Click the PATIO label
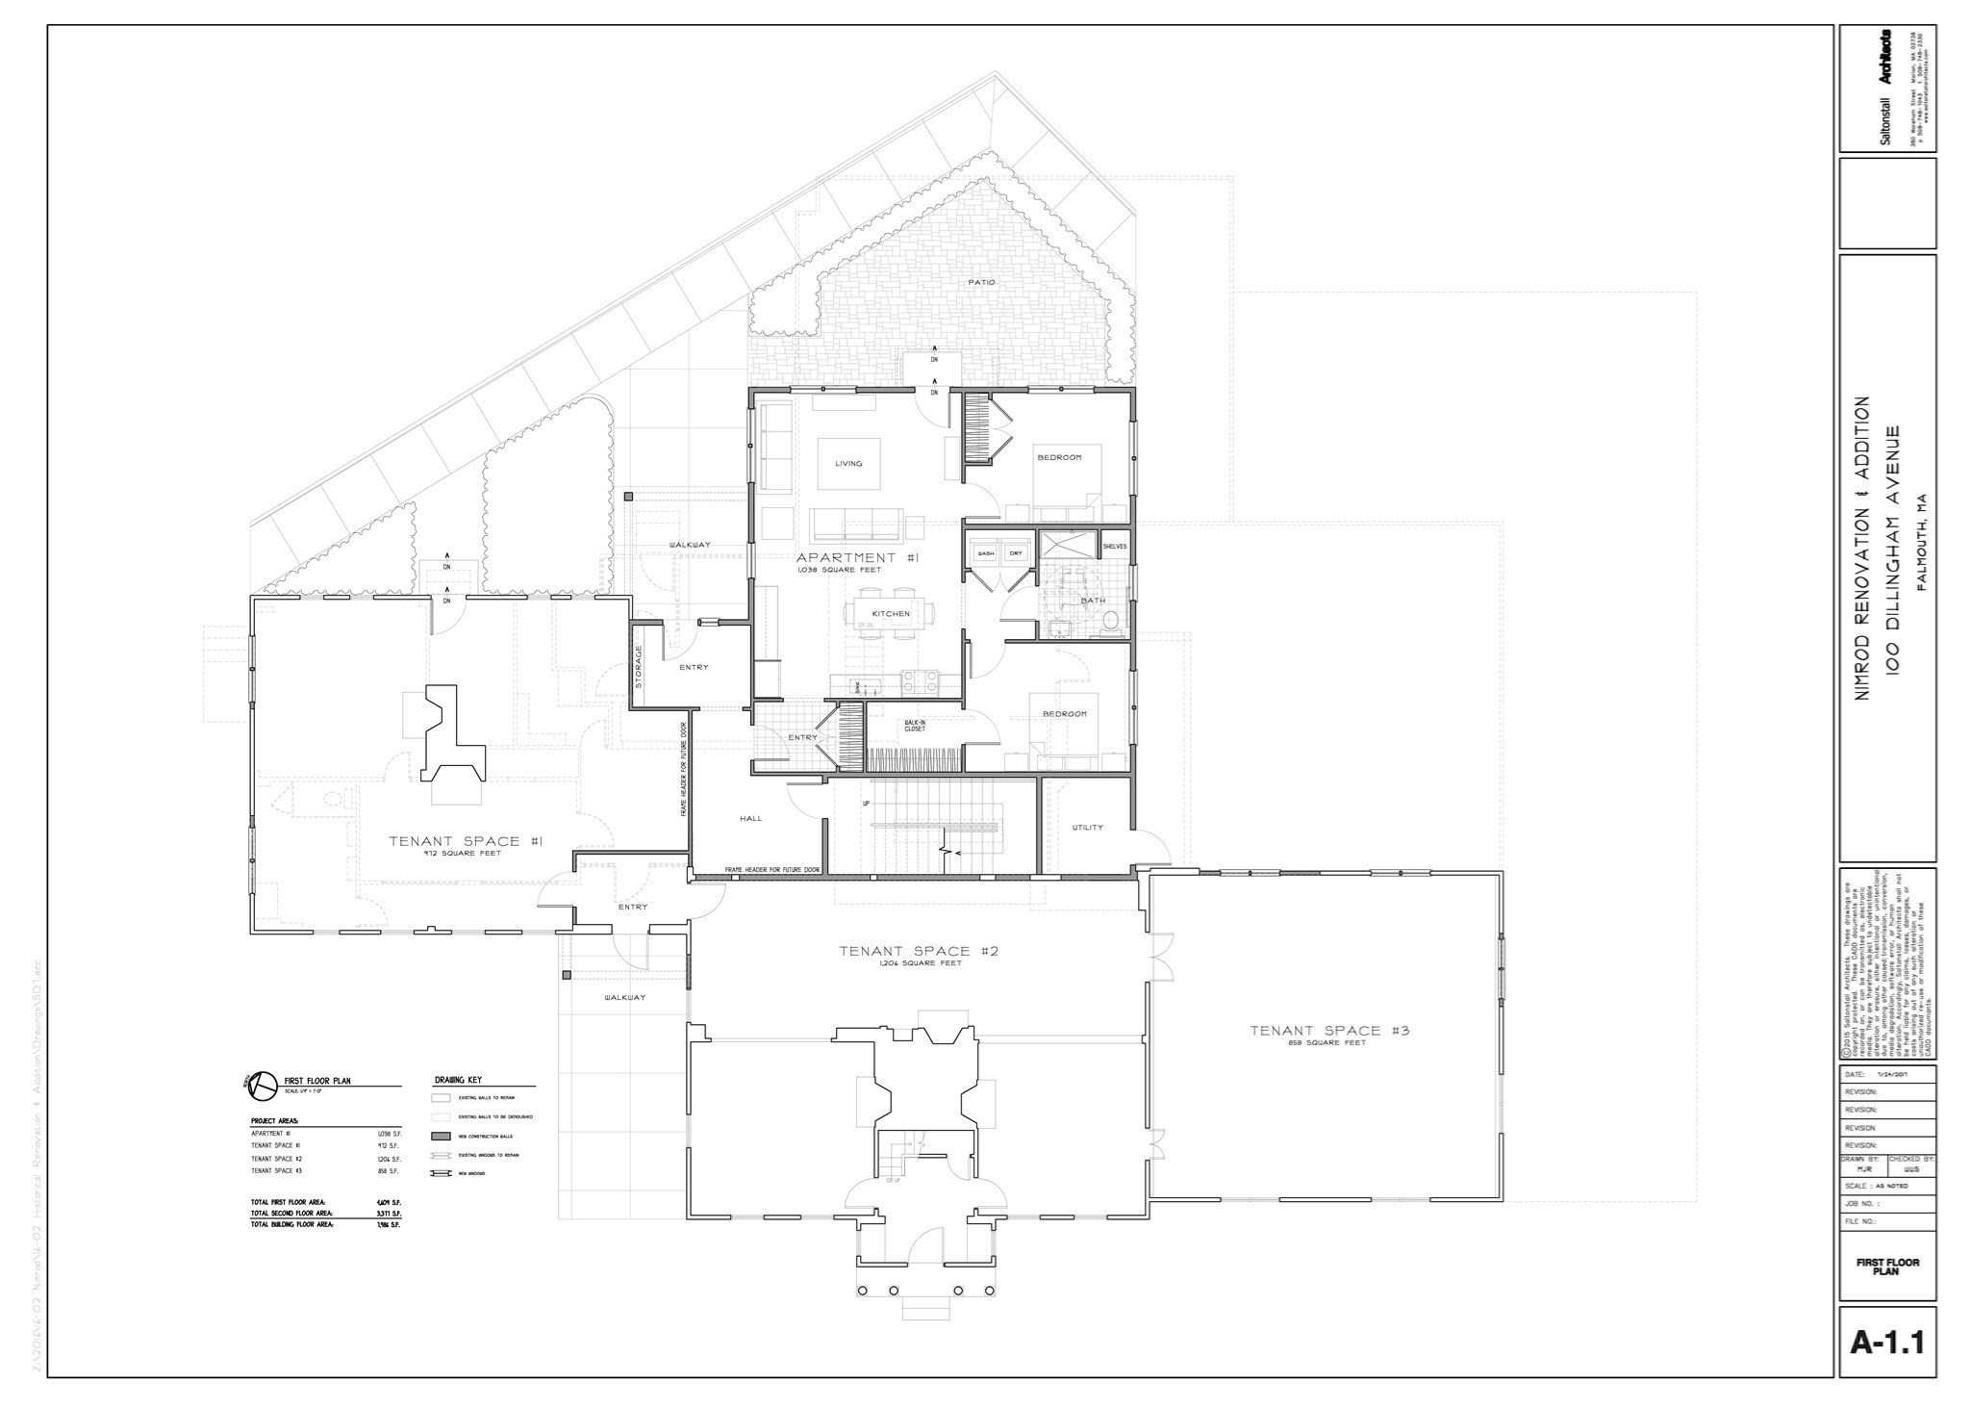(981, 282)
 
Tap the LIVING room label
(848, 464)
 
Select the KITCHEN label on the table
(891, 614)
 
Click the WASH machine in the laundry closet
(985, 554)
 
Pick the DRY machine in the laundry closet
(1016, 554)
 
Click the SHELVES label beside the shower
(1114, 547)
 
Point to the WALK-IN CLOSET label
(914, 727)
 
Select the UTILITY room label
(1087, 828)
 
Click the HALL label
(750, 819)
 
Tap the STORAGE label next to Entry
(639, 667)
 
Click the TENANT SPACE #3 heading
(1329, 1031)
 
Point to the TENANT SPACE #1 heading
(467, 841)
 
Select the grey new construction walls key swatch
(442, 1137)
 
